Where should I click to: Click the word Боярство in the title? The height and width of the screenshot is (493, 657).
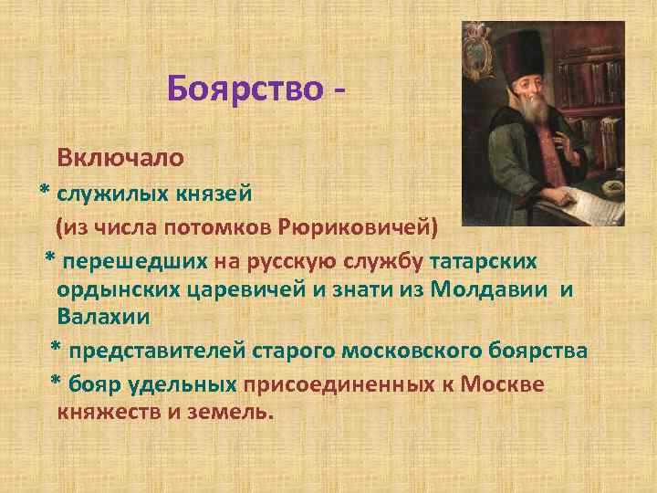click(245, 89)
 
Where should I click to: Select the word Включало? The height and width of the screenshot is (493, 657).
click(120, 157)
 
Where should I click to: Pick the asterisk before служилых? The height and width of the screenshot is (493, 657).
click(44, 194)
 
